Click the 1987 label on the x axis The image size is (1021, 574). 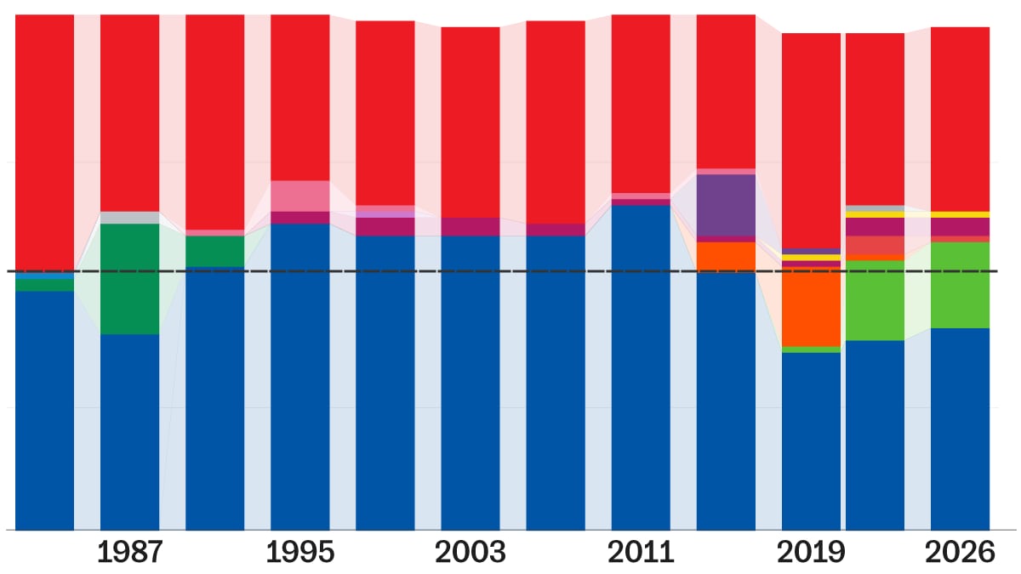[129, 553]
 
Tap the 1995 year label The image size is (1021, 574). [300, 553]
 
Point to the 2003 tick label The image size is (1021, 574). [471, 553]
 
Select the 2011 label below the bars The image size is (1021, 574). [641, 553]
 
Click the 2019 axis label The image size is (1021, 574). [811, 553]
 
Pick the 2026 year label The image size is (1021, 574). [961, 553]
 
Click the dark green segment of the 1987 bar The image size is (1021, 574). [129, 278]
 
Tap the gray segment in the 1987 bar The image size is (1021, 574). [129, 218]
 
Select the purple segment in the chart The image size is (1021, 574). [726, 205]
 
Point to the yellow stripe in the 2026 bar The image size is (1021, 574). [960, 214]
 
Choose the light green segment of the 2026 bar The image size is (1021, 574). [960, 285]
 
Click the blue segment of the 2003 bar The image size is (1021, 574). [471, 383]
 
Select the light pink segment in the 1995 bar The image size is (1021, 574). [300, 196]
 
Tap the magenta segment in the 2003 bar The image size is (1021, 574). [471, 226]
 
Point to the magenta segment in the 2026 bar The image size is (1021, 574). [960, 226]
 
